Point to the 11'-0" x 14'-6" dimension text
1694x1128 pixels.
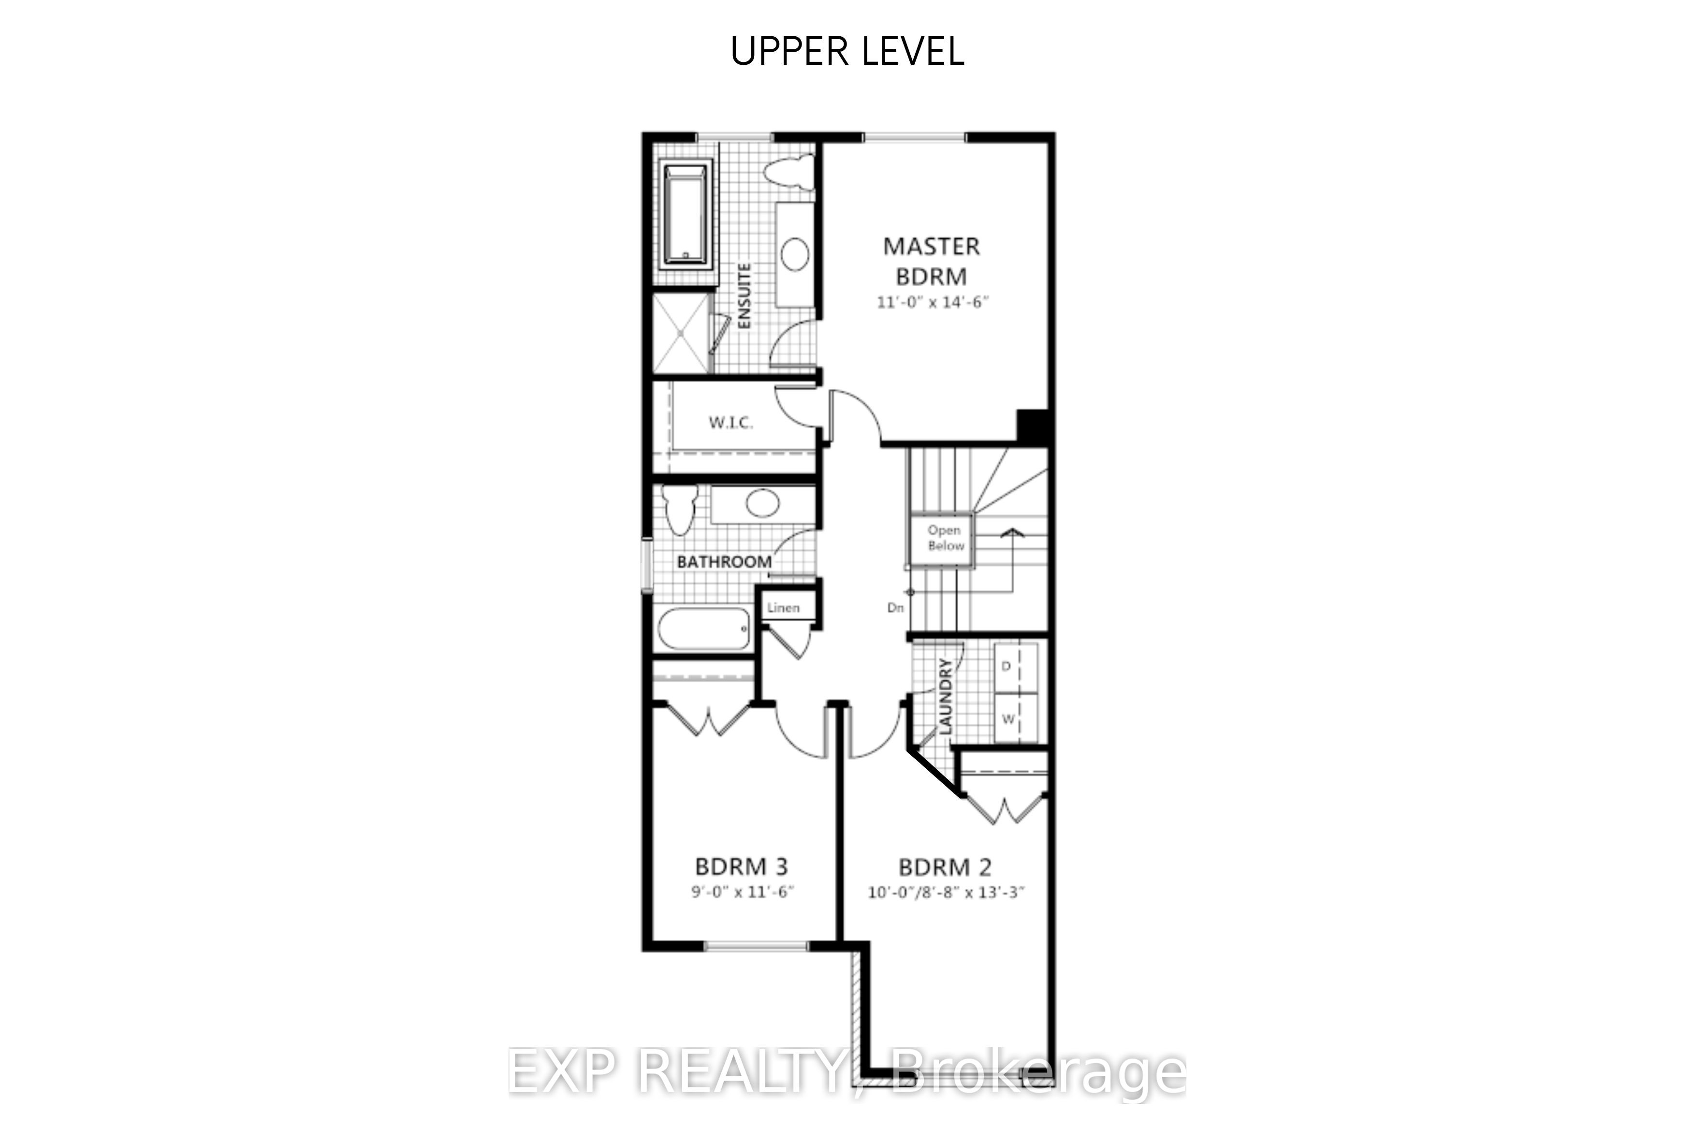tap(932, 302)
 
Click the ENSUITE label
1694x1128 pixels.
tap(745, 296)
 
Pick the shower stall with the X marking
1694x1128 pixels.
tap(681, 332)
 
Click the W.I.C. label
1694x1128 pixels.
tap(731, 422)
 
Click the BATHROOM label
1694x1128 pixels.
tap(724, 562)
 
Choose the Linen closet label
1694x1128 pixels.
tap(783, 608)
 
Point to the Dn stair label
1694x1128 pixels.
tap(895, 608)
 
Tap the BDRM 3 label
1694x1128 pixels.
tap(741, 865)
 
